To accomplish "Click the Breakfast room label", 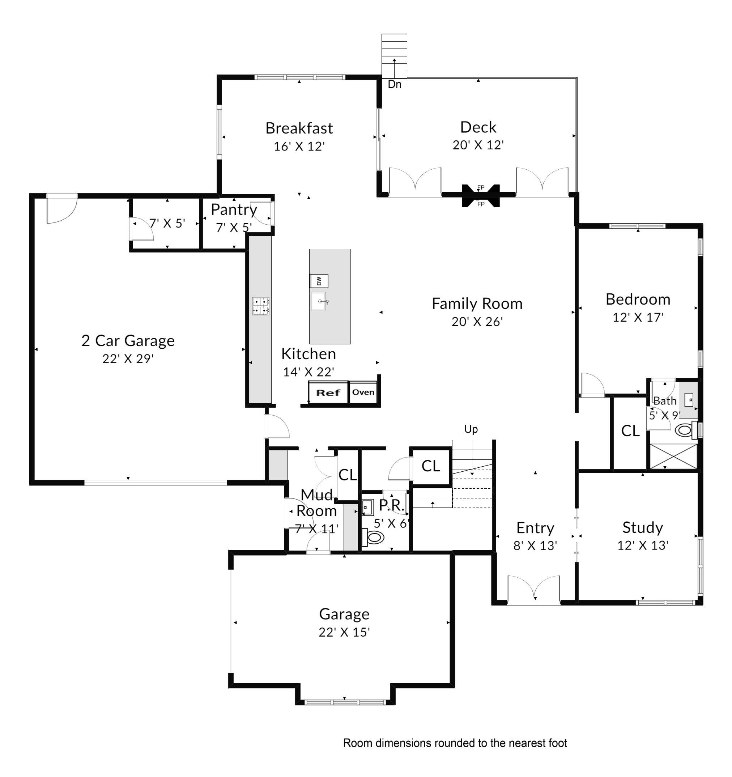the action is (299, 128).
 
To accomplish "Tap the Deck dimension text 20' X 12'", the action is (478, 145).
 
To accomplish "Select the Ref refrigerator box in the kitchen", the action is (328, 392).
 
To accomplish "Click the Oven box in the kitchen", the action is (363, 392).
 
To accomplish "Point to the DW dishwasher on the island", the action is (319, 281).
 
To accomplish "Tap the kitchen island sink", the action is (319, 301).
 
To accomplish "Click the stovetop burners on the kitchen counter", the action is (261, 306).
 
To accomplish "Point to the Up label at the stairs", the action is (471, 429).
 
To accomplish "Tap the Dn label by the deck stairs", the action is (394, 84).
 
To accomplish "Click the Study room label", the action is (643, 527).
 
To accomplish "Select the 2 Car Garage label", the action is (128, 340).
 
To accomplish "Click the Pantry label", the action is (234, 209).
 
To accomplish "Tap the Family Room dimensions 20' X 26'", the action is (477, 322).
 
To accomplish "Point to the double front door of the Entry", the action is (533, 590).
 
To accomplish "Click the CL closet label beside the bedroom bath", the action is (630, 431).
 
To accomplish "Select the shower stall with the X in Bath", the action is (673, 456).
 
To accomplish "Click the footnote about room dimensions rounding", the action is (455, 743).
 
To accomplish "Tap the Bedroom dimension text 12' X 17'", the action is (638, 317).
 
